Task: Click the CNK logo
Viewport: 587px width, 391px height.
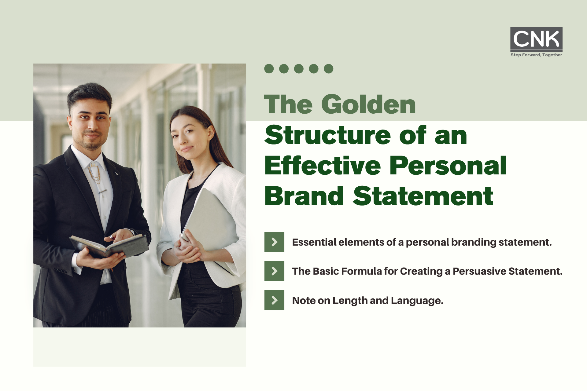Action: tap(536, 39)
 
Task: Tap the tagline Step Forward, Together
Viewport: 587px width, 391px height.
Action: tap(536, 55)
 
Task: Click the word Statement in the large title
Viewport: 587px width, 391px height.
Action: tap(423, 196)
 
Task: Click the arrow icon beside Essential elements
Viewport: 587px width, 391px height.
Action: tap(274, 242)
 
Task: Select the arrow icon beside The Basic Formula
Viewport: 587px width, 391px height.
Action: tap(274, 271)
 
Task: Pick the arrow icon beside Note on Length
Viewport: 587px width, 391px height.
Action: tap(274, 300)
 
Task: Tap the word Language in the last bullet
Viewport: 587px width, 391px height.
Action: tap(417, 301)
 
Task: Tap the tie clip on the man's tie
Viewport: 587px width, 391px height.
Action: tap(102, 192)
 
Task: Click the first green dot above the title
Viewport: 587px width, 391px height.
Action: tap(269, 69)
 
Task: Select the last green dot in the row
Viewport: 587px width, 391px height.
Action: tap(329, 69)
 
